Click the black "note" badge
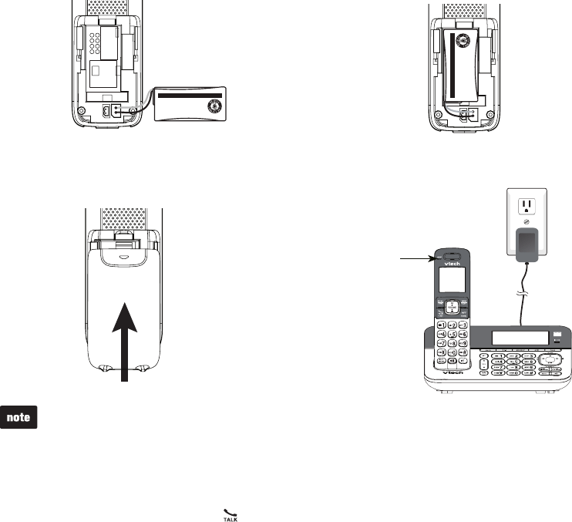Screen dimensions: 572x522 pyautogui.click(x=19, y=417)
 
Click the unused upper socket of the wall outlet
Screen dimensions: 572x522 pyautogui.click(x=527, y=207)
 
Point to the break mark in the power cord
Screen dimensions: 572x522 pyautogui.click(x=523, y=294)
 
